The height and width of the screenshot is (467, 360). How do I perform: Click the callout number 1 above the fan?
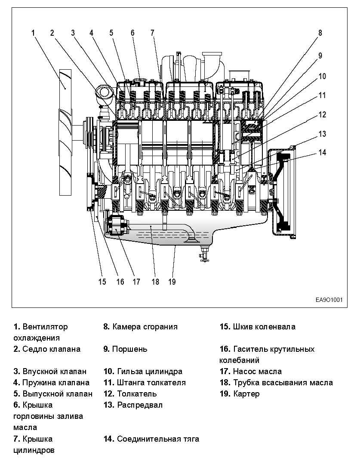click(x=33, y=32)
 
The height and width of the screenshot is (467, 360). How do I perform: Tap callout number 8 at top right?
click(x=320, y=32)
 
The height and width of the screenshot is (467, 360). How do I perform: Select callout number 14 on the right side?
click(x=323, y=152)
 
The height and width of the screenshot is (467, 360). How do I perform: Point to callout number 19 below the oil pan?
click(x=172, y=282)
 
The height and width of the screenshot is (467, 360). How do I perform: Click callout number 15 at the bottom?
click(x=102, y=282)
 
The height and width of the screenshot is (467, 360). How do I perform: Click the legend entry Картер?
click(x=246, y=393)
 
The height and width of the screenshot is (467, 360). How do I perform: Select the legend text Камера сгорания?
click(x=145, y=326)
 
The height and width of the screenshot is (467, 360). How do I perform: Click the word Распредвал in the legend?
click(x=140, y=405)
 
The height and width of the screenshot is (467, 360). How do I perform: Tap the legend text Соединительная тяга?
click(x=158, y=439)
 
